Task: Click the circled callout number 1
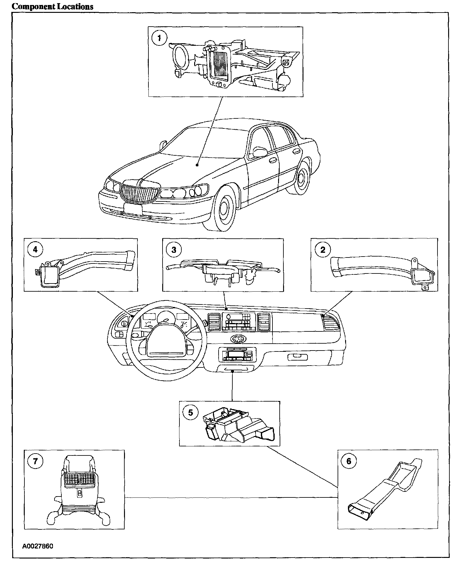[x=159, y=38]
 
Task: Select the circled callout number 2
[x=322, y=250]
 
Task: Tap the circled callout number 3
[x=174, y=250]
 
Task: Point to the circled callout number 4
[x=35, y=250]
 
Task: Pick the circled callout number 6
[x=349, y=461]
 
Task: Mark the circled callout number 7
[x=35, y=461]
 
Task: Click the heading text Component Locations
[x=52, y=7]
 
